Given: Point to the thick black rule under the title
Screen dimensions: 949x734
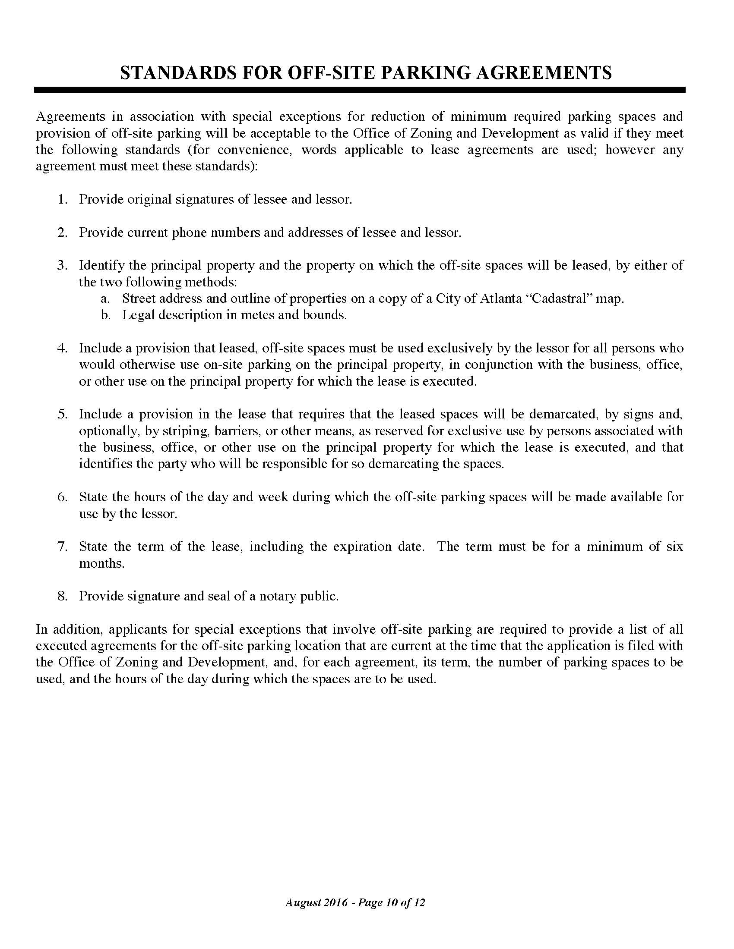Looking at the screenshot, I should pos(360,90).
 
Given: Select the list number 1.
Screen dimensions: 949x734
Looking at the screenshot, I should pos(62,199).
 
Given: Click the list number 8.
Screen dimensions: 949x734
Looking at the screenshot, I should pos(62,596).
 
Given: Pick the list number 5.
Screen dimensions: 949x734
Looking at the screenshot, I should pos(62,414).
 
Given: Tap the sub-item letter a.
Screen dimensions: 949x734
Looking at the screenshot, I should pos(104,299).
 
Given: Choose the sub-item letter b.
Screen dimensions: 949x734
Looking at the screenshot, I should pos(105,315).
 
